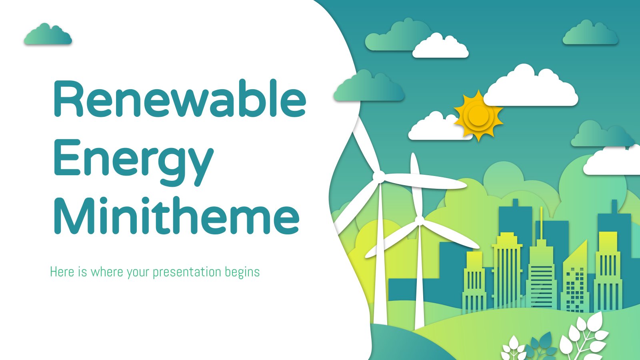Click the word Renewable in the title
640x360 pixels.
click(180, 98)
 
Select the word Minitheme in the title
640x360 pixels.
click(176, 215)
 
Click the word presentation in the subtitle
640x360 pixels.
click(187, 272)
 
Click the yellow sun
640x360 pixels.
click(478, 116)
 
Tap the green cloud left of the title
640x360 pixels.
click(48, 34)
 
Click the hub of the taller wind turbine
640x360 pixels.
click(380, 176)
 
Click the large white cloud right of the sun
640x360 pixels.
click(530, 86)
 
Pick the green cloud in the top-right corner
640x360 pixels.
click(590, 33)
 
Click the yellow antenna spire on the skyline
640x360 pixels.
click(541, 226)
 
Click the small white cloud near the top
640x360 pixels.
click(440, 46)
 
